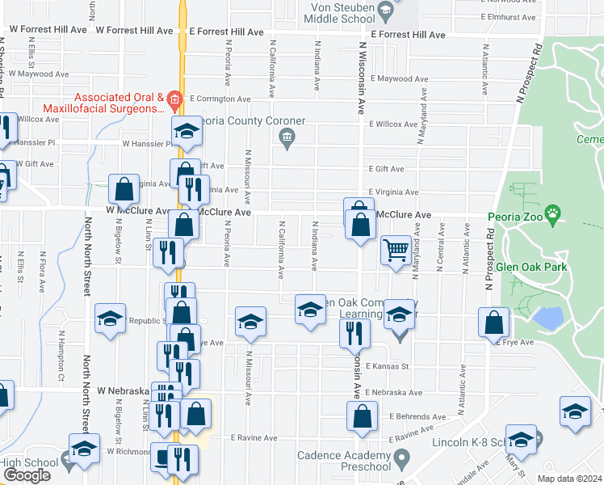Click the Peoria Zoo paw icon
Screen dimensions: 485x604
click(552, 216)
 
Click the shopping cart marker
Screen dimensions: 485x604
click(396, 251)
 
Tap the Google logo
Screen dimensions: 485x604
click(27, 475)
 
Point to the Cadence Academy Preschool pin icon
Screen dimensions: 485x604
click(401, 459)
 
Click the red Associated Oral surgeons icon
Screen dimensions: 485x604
click(177, 103)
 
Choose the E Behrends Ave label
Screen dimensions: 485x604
click(416, 416)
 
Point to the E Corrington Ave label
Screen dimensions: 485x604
click(220, 99)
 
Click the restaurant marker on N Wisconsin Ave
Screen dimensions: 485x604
click(354, 334)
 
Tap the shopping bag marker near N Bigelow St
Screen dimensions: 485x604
click(125, 192)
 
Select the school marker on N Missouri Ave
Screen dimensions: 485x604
click(251, 321)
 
